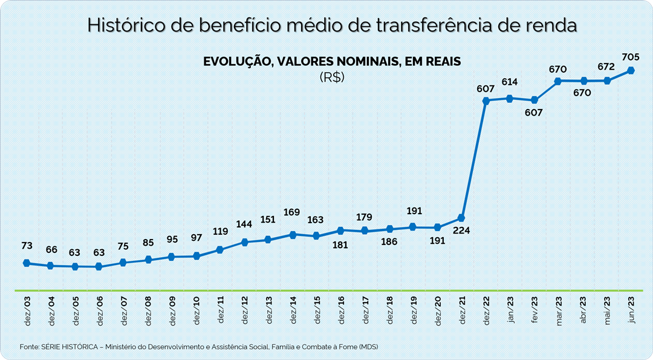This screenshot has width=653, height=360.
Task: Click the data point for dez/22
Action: pos(486,100)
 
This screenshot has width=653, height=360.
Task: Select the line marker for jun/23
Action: pos(631,70)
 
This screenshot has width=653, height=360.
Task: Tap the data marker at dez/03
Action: pos(26,263)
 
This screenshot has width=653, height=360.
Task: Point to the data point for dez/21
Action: pos(461,218)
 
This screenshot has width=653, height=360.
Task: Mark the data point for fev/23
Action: pos(534,100)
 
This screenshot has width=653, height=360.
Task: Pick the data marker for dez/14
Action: pos(292,234)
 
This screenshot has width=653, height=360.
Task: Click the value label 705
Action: pos(631,57)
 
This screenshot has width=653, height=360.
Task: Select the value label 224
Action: pos(461,230)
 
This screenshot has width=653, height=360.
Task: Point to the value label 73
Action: pos(27,246)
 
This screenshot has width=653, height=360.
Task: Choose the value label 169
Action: pos(292,212)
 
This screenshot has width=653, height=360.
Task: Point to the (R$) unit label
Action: pos(331,77)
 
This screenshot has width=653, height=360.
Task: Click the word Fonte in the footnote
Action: pos(29,347)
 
